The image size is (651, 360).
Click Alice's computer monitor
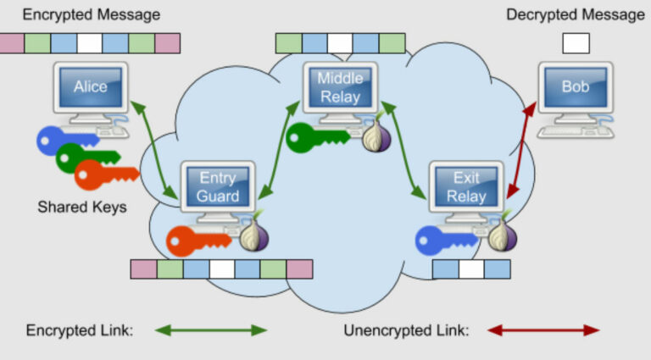click(90, 86)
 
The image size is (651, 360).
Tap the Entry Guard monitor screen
click(218, 187)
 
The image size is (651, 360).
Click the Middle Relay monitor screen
click(339, 87)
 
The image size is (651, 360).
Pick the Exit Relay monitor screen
click(466, 187)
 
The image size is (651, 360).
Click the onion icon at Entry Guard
click(252, 238)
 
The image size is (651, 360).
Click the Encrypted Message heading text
click(91, 14)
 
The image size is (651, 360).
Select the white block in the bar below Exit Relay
click(471, 269)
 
